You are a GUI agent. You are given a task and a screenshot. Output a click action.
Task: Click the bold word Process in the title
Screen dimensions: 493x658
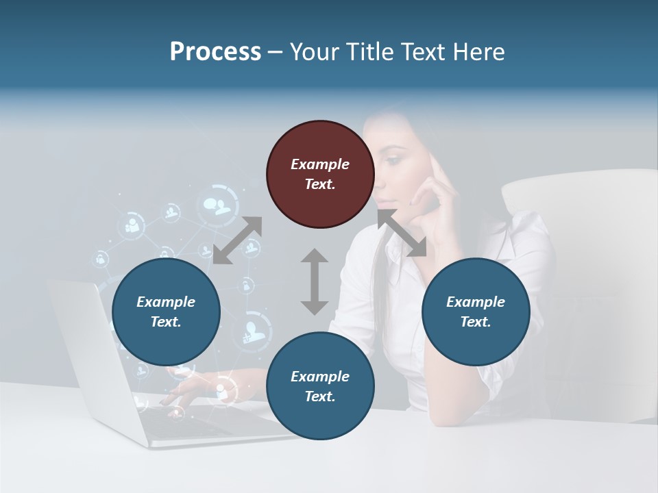click(215, 52)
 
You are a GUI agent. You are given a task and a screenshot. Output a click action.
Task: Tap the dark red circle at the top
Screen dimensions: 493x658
click(320, 174)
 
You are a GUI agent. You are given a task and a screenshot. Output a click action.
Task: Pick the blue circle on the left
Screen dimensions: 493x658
click(166, 312)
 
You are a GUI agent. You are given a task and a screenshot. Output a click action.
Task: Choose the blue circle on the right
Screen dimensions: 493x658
click(476, 312)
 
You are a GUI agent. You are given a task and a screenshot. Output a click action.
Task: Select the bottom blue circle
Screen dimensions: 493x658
click(320, 386)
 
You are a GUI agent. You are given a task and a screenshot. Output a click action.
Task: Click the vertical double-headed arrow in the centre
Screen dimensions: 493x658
click(315, 281)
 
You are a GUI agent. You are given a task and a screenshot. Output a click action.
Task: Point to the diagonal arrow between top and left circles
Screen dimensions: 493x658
click(238, 240)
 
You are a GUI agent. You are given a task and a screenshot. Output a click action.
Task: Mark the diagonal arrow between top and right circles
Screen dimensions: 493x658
click(402, 233)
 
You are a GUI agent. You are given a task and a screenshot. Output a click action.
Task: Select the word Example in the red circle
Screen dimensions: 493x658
click(320, 164)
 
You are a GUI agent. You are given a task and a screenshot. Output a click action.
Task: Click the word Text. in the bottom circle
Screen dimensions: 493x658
click(320, 396)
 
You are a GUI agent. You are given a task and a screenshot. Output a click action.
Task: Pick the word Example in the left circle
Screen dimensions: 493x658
click(166, 302)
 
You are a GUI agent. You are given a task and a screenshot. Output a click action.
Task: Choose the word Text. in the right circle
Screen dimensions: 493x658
click(476, 322)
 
